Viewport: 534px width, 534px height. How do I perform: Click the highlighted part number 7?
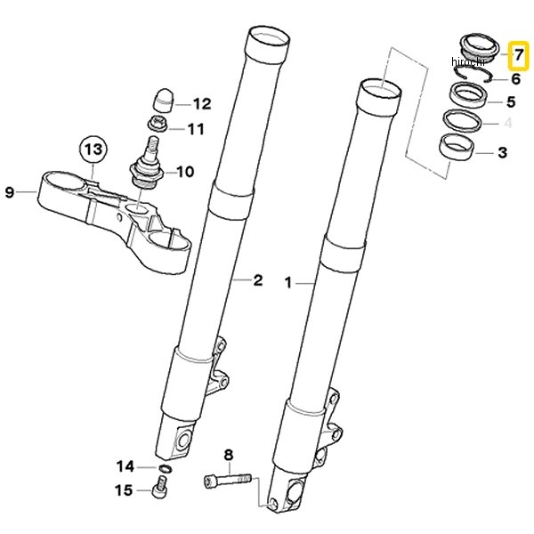[x=519, y=55]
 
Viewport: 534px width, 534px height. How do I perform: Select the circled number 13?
[x=93, y=150]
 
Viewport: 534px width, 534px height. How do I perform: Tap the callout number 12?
[x=202, y=103]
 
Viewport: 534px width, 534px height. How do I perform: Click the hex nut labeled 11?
[x=158, y=124]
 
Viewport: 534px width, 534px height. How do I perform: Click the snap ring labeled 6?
[x=473, y=74]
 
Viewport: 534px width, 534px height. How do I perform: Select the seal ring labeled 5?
[x=469, y=95]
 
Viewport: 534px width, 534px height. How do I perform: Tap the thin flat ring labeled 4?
[x=463, y=120]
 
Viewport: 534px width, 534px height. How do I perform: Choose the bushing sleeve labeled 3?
[x=456, y=147]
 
